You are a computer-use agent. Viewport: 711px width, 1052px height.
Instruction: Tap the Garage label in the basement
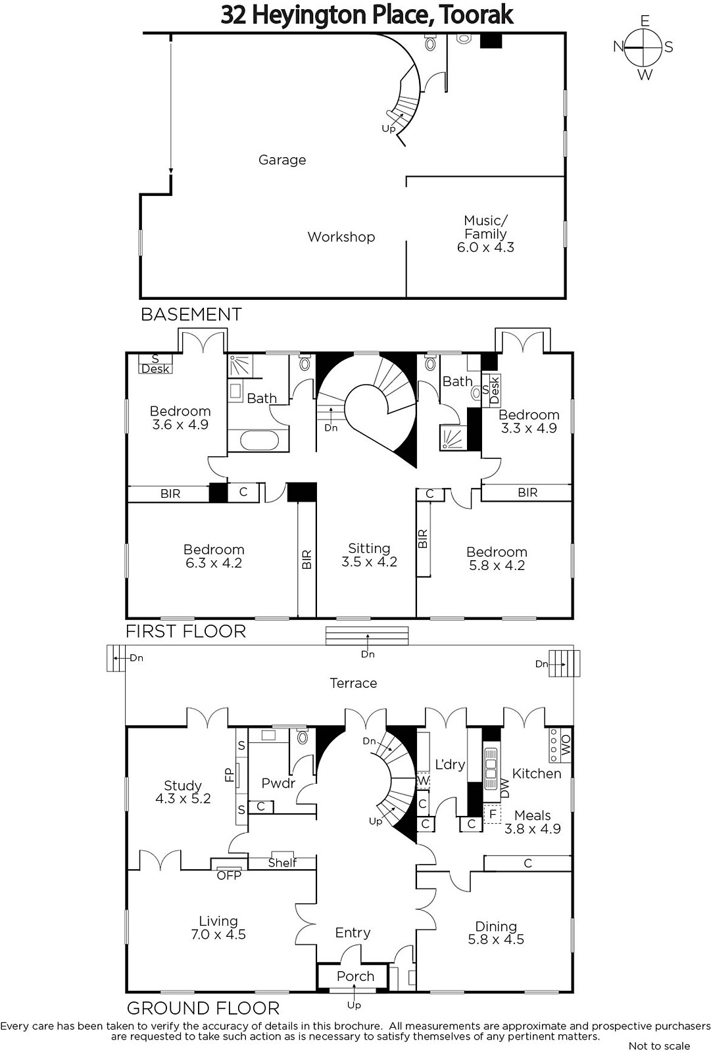282,160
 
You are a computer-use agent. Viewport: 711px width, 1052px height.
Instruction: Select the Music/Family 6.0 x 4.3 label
485,234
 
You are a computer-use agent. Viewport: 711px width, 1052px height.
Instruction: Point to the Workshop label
341,237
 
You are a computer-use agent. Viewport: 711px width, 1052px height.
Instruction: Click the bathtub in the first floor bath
259,441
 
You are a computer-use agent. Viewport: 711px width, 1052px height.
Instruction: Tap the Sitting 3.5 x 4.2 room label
370,555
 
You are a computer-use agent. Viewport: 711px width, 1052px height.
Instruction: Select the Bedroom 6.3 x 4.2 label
214,556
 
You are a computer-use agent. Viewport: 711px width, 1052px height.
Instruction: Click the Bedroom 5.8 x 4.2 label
497,558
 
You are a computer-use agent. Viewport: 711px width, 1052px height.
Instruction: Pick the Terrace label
353,683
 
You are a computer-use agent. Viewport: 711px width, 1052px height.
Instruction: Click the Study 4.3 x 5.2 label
183,792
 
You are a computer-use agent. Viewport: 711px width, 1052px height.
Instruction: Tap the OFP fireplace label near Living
229,875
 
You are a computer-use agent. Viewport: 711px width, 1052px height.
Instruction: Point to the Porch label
355,976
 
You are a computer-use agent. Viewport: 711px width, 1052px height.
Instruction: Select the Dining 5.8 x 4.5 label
496,933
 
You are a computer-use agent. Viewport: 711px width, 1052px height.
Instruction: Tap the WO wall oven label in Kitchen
566,745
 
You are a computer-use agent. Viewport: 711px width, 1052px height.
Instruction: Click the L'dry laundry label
450,765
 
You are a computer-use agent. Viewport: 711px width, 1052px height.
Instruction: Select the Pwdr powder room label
278,783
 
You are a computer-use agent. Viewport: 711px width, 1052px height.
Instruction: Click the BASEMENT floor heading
191,314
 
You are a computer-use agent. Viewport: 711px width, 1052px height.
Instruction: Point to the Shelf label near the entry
282,862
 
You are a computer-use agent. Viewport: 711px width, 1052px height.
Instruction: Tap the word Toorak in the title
476,15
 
